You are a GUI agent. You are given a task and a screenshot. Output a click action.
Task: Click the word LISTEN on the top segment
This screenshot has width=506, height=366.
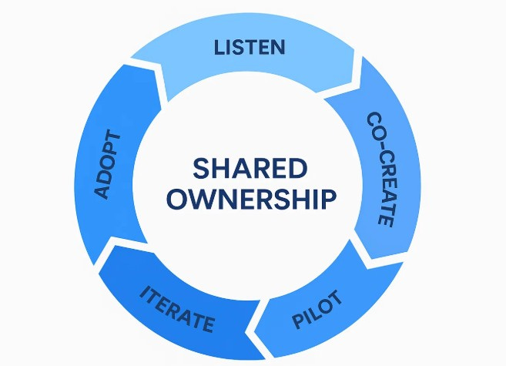pos(249,47)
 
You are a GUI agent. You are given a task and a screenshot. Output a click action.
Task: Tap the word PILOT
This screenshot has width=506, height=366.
pos(317,309)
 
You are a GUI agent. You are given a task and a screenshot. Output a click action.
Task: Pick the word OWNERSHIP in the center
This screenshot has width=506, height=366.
pos(252,199)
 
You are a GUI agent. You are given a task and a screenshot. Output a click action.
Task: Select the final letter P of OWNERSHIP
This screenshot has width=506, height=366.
pos(329,199)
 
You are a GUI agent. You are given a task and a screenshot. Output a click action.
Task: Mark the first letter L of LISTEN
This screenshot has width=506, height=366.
pos(218,48)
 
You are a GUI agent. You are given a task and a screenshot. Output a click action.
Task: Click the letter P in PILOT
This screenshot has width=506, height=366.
pos(299,320)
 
